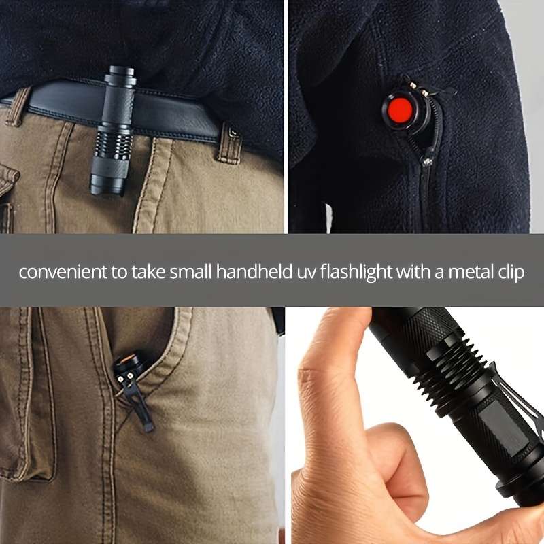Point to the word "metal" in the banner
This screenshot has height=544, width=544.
click(x=464, y=273)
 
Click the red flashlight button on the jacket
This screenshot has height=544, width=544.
click(x=398, y=109)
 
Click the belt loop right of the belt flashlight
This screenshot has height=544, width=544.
click(x=229, y=143)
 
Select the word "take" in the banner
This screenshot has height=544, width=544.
click(x=141, y=273)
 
